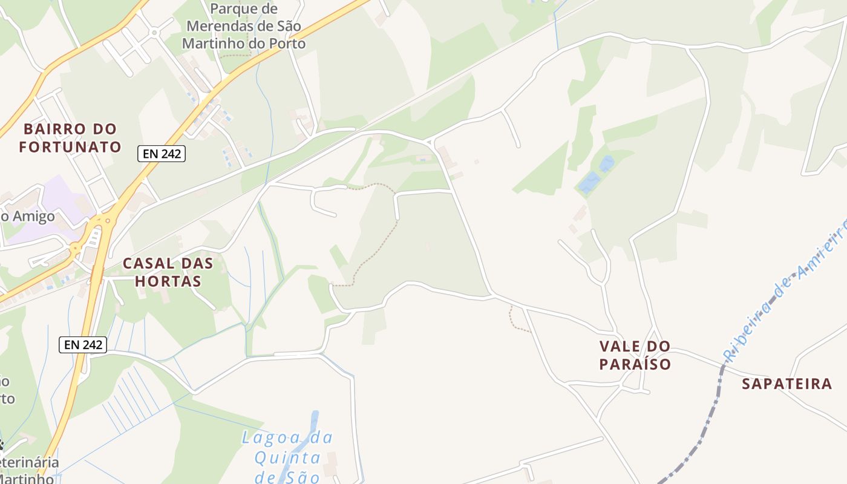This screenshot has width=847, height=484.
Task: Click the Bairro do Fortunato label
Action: click(70, 137)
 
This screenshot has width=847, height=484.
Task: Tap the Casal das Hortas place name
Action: click(168, 272)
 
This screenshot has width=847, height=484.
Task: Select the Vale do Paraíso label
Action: click(635, 355)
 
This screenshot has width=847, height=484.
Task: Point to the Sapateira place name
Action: click(786, 384)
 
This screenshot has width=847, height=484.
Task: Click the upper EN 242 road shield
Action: click(161, 154)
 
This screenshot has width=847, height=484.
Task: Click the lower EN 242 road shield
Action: click(83, 345)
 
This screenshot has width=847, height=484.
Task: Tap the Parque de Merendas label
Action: click(244, 27)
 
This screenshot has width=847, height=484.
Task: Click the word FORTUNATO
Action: click(70, 146)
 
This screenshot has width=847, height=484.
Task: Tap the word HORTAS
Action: click(168, 281)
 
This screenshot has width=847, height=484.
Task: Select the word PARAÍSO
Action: click(635, 364)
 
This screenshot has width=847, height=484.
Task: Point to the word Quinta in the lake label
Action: click(287, 457)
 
